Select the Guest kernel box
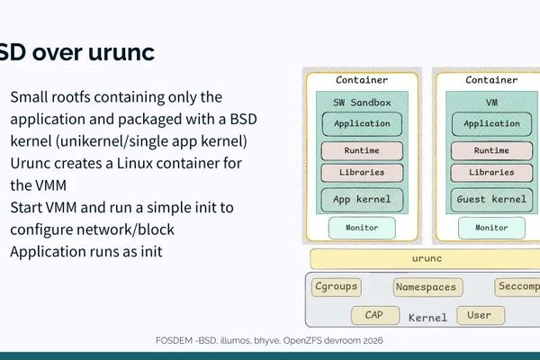(x=491, y=199)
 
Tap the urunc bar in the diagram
(x=425, y=258)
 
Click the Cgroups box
(x=337, y=287)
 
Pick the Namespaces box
(x=427, y=287)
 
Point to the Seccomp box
(x=517, y=287)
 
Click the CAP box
(x=375, y=315)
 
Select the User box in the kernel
(x=480, y=315)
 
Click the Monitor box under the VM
(x=491, y=228)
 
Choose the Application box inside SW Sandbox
(x=362, y=123)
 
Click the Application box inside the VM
(x=491, y=123)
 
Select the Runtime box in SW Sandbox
(x=362, y=150)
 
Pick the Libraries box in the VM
(x=491, y=171)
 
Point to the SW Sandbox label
(x=362, y=103)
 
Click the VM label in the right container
(x=491, y=103)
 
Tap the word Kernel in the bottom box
(x=427, y=318)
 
